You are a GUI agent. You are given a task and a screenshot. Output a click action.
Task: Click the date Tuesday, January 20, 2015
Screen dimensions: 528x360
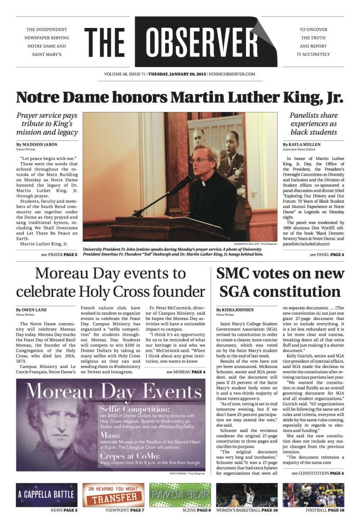point(177,74)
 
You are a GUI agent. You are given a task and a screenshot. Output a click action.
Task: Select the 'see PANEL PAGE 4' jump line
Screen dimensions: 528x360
point(327,254)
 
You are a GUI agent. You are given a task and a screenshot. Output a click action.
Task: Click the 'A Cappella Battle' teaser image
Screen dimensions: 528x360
point(47,495)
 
